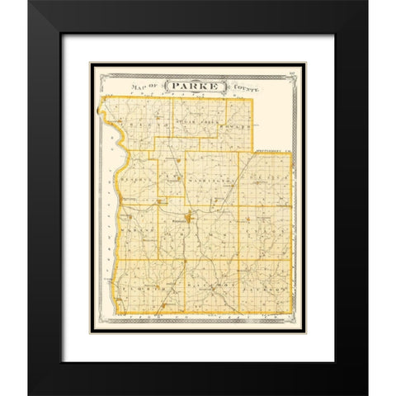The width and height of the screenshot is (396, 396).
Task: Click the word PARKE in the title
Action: (x=191, y=85)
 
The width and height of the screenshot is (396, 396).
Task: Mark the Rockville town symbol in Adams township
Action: (x=191, y=219)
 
